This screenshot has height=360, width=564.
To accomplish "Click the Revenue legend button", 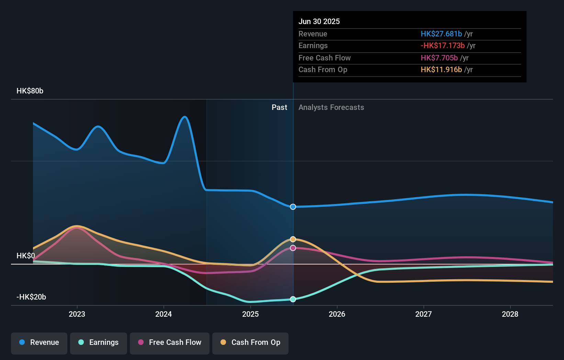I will (39, 342).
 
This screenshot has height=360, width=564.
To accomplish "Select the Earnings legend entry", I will (99, 342).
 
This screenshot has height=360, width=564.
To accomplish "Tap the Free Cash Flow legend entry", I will (170, 342).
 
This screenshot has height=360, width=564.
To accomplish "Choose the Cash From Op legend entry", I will (250, 342).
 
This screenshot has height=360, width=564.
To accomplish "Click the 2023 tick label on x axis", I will (77, 314).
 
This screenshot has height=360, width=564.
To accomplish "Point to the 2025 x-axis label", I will (250, 314).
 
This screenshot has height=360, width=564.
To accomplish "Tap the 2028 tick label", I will (510, 314).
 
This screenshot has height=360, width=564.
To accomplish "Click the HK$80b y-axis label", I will (30, 91).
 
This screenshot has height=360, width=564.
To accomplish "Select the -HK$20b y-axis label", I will (31, 297).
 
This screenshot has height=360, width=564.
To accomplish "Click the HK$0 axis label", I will (26, 256).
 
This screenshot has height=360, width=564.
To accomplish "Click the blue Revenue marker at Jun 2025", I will (293, 207).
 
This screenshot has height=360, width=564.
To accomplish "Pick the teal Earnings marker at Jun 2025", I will (293, 299).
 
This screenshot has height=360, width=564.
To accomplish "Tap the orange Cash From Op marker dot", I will (293, 239).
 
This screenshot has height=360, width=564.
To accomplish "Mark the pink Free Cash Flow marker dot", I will (293, 248).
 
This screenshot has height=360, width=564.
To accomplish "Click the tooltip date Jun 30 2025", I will (319, 21).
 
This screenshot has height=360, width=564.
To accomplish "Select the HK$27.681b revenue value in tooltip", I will (441, 34).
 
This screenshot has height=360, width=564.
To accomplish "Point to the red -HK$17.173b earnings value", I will (443, 45).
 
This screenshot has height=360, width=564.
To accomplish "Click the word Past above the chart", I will (279, 107).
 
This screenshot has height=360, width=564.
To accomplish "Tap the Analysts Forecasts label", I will (331, 107).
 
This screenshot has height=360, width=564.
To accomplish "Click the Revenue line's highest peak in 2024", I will (185, 117).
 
